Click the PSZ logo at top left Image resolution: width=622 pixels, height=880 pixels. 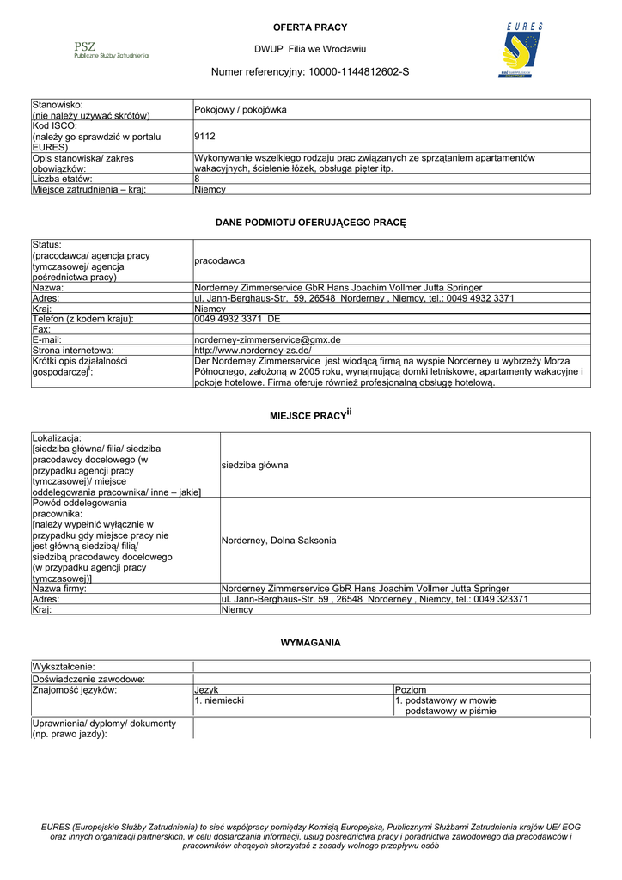[111, 50]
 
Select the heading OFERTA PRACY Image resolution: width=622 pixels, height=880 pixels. [310, 27]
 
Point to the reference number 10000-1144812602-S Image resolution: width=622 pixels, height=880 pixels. [359, 71]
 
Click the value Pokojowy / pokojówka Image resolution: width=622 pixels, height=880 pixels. [241, 110]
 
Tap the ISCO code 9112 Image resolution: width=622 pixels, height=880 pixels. [205, 136]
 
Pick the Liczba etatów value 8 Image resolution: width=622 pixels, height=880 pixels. [198, 179]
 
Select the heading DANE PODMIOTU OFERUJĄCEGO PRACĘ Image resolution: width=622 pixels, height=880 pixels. [310, 223]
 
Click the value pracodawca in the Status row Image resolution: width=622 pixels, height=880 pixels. [220, 260]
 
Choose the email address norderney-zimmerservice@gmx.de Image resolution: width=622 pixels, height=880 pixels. [268, 339]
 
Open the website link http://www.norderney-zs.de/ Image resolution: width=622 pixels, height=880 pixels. [253, 351]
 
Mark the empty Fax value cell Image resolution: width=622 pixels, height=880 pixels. [392, 329]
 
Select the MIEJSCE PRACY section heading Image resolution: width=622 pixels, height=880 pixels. [310, 416]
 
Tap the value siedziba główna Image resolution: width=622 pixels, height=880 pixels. [255, 465]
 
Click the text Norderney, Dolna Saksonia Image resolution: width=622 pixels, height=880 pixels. [279, 541]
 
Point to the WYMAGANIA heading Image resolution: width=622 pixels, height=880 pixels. [310, 642]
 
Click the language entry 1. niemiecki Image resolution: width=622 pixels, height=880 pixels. [219, 700]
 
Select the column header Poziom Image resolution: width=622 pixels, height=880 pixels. [411, 689]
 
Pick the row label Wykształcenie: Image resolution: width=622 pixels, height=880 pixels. [64, 667]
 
